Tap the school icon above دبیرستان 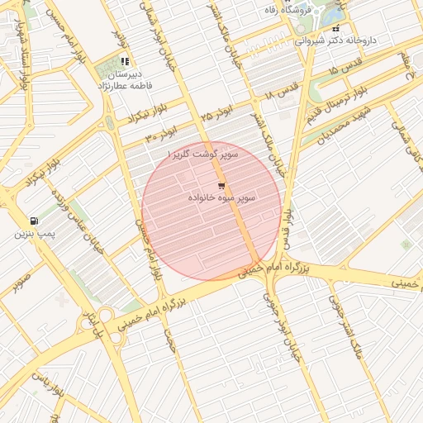point(125,61)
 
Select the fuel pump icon point(33,221)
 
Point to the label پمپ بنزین point(34,235)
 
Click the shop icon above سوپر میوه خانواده point(221,185)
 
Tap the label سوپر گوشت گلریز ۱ point(202,154)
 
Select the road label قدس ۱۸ point(281,97)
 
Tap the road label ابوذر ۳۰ point(162,132)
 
